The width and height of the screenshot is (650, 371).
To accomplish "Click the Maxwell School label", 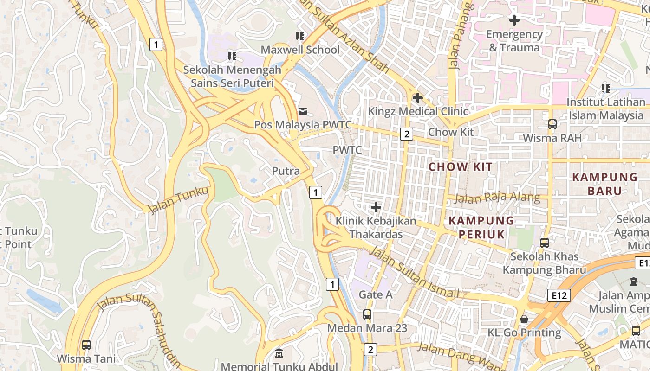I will pyautogui.click(x=300, y=49).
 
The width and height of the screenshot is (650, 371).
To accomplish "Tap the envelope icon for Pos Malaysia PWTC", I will pyautogui.click(x=303, y=111).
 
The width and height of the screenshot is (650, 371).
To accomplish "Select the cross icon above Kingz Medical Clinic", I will pyautogui.click(x=417, y=98).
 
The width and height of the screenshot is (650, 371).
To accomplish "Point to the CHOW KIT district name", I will pyautogui.click(x=460, y=167).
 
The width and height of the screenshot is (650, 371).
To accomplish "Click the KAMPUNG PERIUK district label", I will pyautogui.click(x=481, y=227).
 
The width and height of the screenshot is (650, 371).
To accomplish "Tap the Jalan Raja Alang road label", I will pyautogui.click(x=497, y=198).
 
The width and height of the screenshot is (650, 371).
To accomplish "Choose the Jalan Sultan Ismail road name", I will pyautogui.click(x=415, y=274).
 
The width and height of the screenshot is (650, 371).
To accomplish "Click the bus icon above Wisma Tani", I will pyautogui.click(x=86, y=345).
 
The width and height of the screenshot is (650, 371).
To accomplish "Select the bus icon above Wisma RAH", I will pyautogui.click(x=552, y=124).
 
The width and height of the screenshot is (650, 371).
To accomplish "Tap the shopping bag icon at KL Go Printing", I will pyautogui.click(x=524, y=319).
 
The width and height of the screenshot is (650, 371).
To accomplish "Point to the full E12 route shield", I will pyautogui.click(x=559, y=295).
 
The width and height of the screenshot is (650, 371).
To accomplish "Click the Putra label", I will pyautogui.click(x=286, y=171).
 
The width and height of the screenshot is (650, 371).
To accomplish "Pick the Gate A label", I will pyautogui.click(x=376, y=294).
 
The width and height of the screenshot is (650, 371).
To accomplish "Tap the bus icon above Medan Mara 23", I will pyautogui.click(x=367, y=314).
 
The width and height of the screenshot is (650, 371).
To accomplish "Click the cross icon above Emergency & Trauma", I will pyautogui.click(x=514, y=20).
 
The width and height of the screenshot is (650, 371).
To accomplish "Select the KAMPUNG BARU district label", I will pyautogui.click(x=604, y=184).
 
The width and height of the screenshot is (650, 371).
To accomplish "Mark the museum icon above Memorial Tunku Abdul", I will pyautogui.click(x=279, y=354).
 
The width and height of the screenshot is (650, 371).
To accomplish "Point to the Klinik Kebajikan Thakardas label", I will pyautogui.click(x=376, y=227).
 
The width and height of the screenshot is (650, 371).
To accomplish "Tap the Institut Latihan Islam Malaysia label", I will pyautogui.click(x=606, y=109).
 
